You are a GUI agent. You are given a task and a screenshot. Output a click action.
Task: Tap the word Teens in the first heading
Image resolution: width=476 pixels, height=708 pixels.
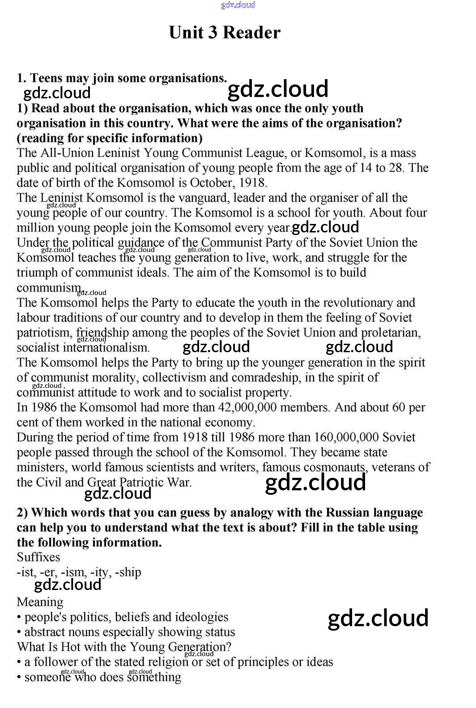tap(47, 78)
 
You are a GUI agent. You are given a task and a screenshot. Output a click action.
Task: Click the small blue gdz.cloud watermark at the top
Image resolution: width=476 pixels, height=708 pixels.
tap(238, 5)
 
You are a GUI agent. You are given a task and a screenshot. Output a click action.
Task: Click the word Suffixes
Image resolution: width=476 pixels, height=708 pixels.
tap(38, 557)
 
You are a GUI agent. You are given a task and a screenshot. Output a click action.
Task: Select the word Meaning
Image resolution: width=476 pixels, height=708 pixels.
tap(40, 603)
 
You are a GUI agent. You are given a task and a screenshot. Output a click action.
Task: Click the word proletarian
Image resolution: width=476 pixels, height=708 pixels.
tap(391, 333)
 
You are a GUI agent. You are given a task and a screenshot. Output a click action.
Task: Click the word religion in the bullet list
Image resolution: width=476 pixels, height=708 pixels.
tap(164, 662)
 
